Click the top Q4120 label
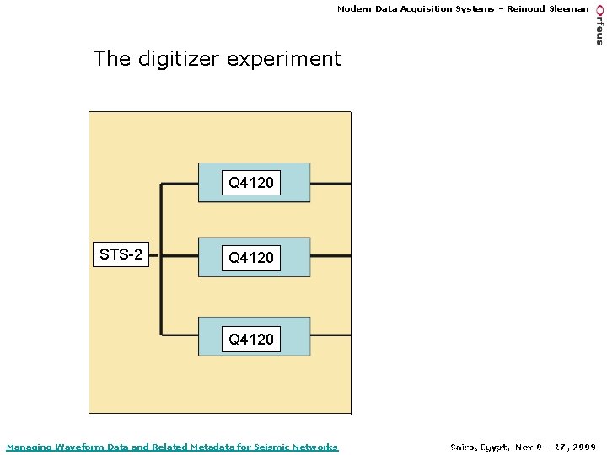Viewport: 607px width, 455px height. pyautogui.click(x=251, y=183)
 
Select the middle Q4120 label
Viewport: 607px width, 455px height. pyautogui.click(x=251, y=258)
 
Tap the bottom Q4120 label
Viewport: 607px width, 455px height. pyautogui.click(x=251, y=340)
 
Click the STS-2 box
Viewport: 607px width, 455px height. pyautogui.click(x=121, y=254)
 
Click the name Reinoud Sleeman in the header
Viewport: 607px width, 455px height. pyautogui.click(x=548, y=9)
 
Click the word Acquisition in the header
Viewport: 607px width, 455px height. pyautogui.click(x=426, y=9)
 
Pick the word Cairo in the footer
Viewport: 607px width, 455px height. pyautogui.click(x=464, y=447)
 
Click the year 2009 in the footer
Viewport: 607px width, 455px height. pyautogui.click(x=583, y=447)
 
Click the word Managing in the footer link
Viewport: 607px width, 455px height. pyautogui.click(x=28, y=447)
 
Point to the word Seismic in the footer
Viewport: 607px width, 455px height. pyautogui.click(x=271, y=447)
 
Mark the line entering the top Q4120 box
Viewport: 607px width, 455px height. pyautogui.click(x=179, y=183)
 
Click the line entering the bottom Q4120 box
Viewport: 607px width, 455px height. pyautogui.click(x=179, y=335)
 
